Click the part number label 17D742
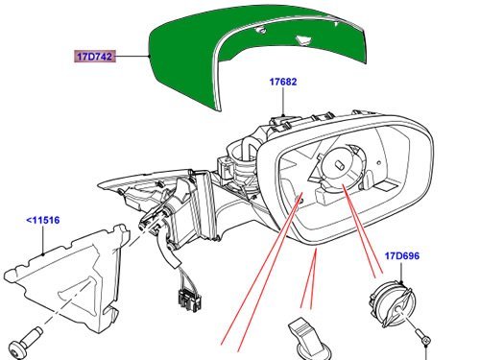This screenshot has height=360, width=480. pyautogui.click(x=95, y=57)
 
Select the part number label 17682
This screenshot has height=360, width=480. pyautogui.click(x=283, y=82)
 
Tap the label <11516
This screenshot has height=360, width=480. pyautogui.click(x=43, y=220)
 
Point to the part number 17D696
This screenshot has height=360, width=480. pyautogui.click(x=401, y=256)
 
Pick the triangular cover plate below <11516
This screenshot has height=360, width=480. pyautogui.click(x=70, y=276)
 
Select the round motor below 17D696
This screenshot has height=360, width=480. pyautogui.click(x=390, y=303)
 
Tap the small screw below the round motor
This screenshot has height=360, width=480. pyautogui.click(x=423, y=337)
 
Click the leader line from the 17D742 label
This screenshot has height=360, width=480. pyautogui.click(x=132, y=57)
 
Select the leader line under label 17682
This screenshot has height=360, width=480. pyautogui.click(x=283, y=101)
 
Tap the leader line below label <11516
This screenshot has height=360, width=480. pyautogui.click(x=43, y=240)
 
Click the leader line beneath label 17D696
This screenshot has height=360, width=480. pyautogui.click(x=401, y=272)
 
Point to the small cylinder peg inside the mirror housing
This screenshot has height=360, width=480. pyautogui.click(x=340, y=165)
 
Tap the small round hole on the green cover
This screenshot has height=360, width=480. pyautogui.click(x=262, y=31)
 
